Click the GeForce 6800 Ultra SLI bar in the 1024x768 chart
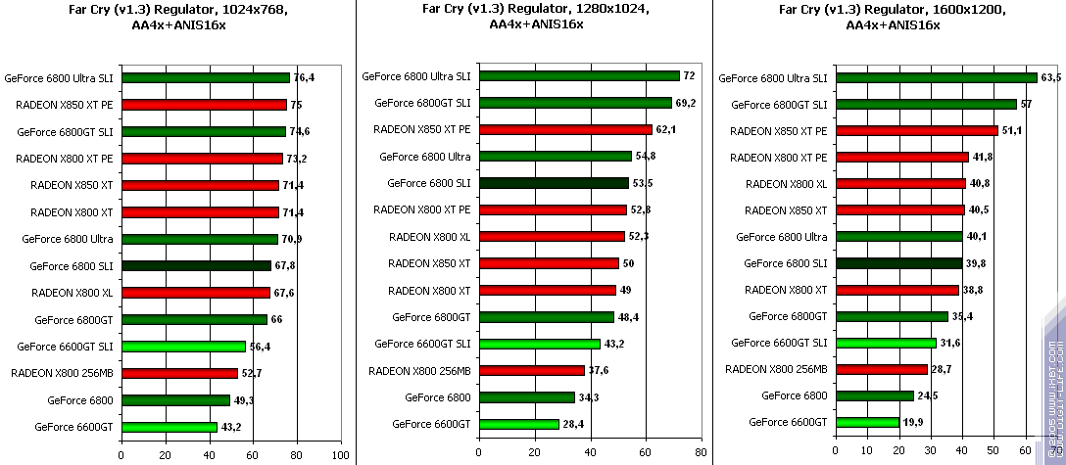pyautogui.click(x=206, y=77)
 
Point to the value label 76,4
pyautogui.click(x=304, y=77)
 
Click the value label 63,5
pyautogui.click(x=1051, y=77)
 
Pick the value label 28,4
pyautogui.click(x=573, y=424)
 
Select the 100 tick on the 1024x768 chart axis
pyautogui.click(x=341, y=455)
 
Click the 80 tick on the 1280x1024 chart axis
pyautogui.click(x=700, y=453)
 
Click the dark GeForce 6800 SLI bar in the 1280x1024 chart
pyautogui.click(x=553, y=183)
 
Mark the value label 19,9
pyautogui.click(x=914, y=422)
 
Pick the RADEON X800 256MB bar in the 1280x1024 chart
pyautogui.click(x=531, y=370)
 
